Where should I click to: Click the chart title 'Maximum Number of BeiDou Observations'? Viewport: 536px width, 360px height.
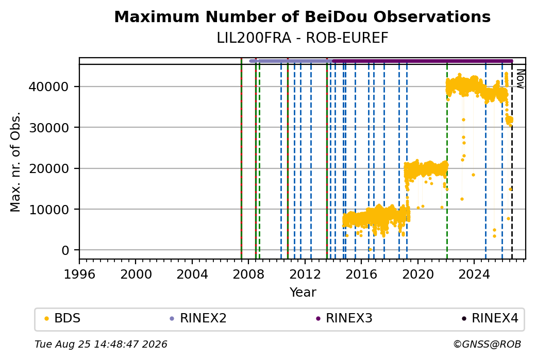tap(302, 16)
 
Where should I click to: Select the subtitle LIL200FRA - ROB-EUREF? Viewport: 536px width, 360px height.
tap(302, 38)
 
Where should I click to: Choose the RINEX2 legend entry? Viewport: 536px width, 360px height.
tap(198, 318)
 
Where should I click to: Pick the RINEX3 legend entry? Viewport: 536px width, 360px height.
tap(344, 318)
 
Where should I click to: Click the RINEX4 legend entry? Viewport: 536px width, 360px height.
tap(490, 318)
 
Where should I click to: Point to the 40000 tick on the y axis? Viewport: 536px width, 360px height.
tap(49, 87)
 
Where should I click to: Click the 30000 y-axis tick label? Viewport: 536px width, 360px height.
tap(49, 128)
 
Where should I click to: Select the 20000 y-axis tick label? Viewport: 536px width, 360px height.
tap(49, 168)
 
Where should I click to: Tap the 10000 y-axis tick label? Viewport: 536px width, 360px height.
tap(49, 210)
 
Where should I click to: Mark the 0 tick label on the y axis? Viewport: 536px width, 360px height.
tap(65, 250)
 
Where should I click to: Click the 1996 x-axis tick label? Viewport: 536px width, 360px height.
tap(79, 274)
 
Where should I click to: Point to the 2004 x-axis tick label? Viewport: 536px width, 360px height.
tap(192, 274)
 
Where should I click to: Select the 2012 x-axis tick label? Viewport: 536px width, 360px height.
tap(305, 274)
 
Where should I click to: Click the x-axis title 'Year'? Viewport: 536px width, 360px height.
tap(303, 293)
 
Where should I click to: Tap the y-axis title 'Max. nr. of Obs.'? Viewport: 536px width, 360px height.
tap(15, 162)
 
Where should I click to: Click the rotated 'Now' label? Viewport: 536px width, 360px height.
tap(520, 79)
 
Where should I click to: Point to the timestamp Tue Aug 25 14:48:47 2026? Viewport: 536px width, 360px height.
tap(101, 344)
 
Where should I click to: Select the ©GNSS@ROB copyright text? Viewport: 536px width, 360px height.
tap(488, 344)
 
